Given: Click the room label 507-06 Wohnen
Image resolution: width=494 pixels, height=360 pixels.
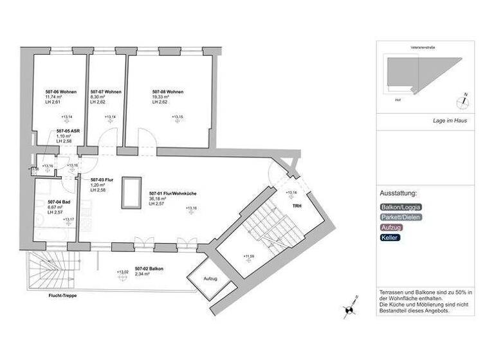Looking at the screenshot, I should tap(61, 92).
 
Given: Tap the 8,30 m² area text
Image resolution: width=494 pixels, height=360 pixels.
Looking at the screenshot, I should tap(98, 97).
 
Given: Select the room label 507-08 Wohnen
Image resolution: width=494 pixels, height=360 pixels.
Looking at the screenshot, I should tap(168, 92).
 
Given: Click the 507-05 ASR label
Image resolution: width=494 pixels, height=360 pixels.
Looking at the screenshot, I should tap(68, 131).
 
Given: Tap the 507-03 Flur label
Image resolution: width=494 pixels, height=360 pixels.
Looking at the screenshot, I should tap(102, 180).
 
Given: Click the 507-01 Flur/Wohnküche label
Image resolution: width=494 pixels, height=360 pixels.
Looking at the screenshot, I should tap(167, 194).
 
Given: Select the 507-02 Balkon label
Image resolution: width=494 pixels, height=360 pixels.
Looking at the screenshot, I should tap(149, 269).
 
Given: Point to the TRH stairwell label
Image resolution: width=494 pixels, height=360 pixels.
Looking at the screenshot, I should tap(297, 206).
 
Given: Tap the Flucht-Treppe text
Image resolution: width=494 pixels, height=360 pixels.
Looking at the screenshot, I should tap(63, 296).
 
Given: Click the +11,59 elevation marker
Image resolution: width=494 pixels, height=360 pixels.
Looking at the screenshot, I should tap(250, 256).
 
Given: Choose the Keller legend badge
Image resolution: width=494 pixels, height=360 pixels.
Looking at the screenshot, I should tap(390, 238).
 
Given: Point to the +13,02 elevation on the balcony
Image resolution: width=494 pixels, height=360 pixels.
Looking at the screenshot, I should tap(122, 272).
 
